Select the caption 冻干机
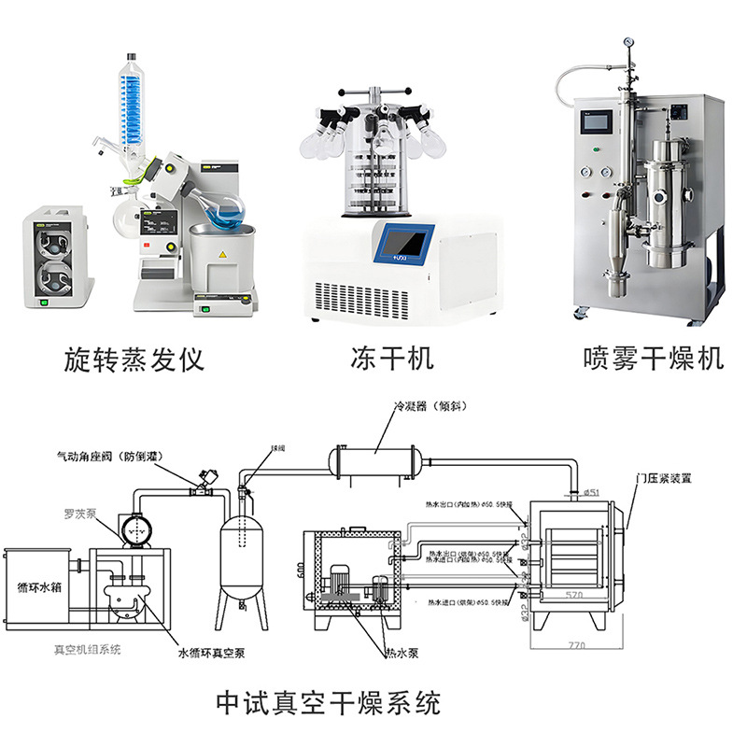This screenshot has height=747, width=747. coord(392,358)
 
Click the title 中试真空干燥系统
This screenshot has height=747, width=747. coord(328,701)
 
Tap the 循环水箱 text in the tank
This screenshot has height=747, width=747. coord(41,588)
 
